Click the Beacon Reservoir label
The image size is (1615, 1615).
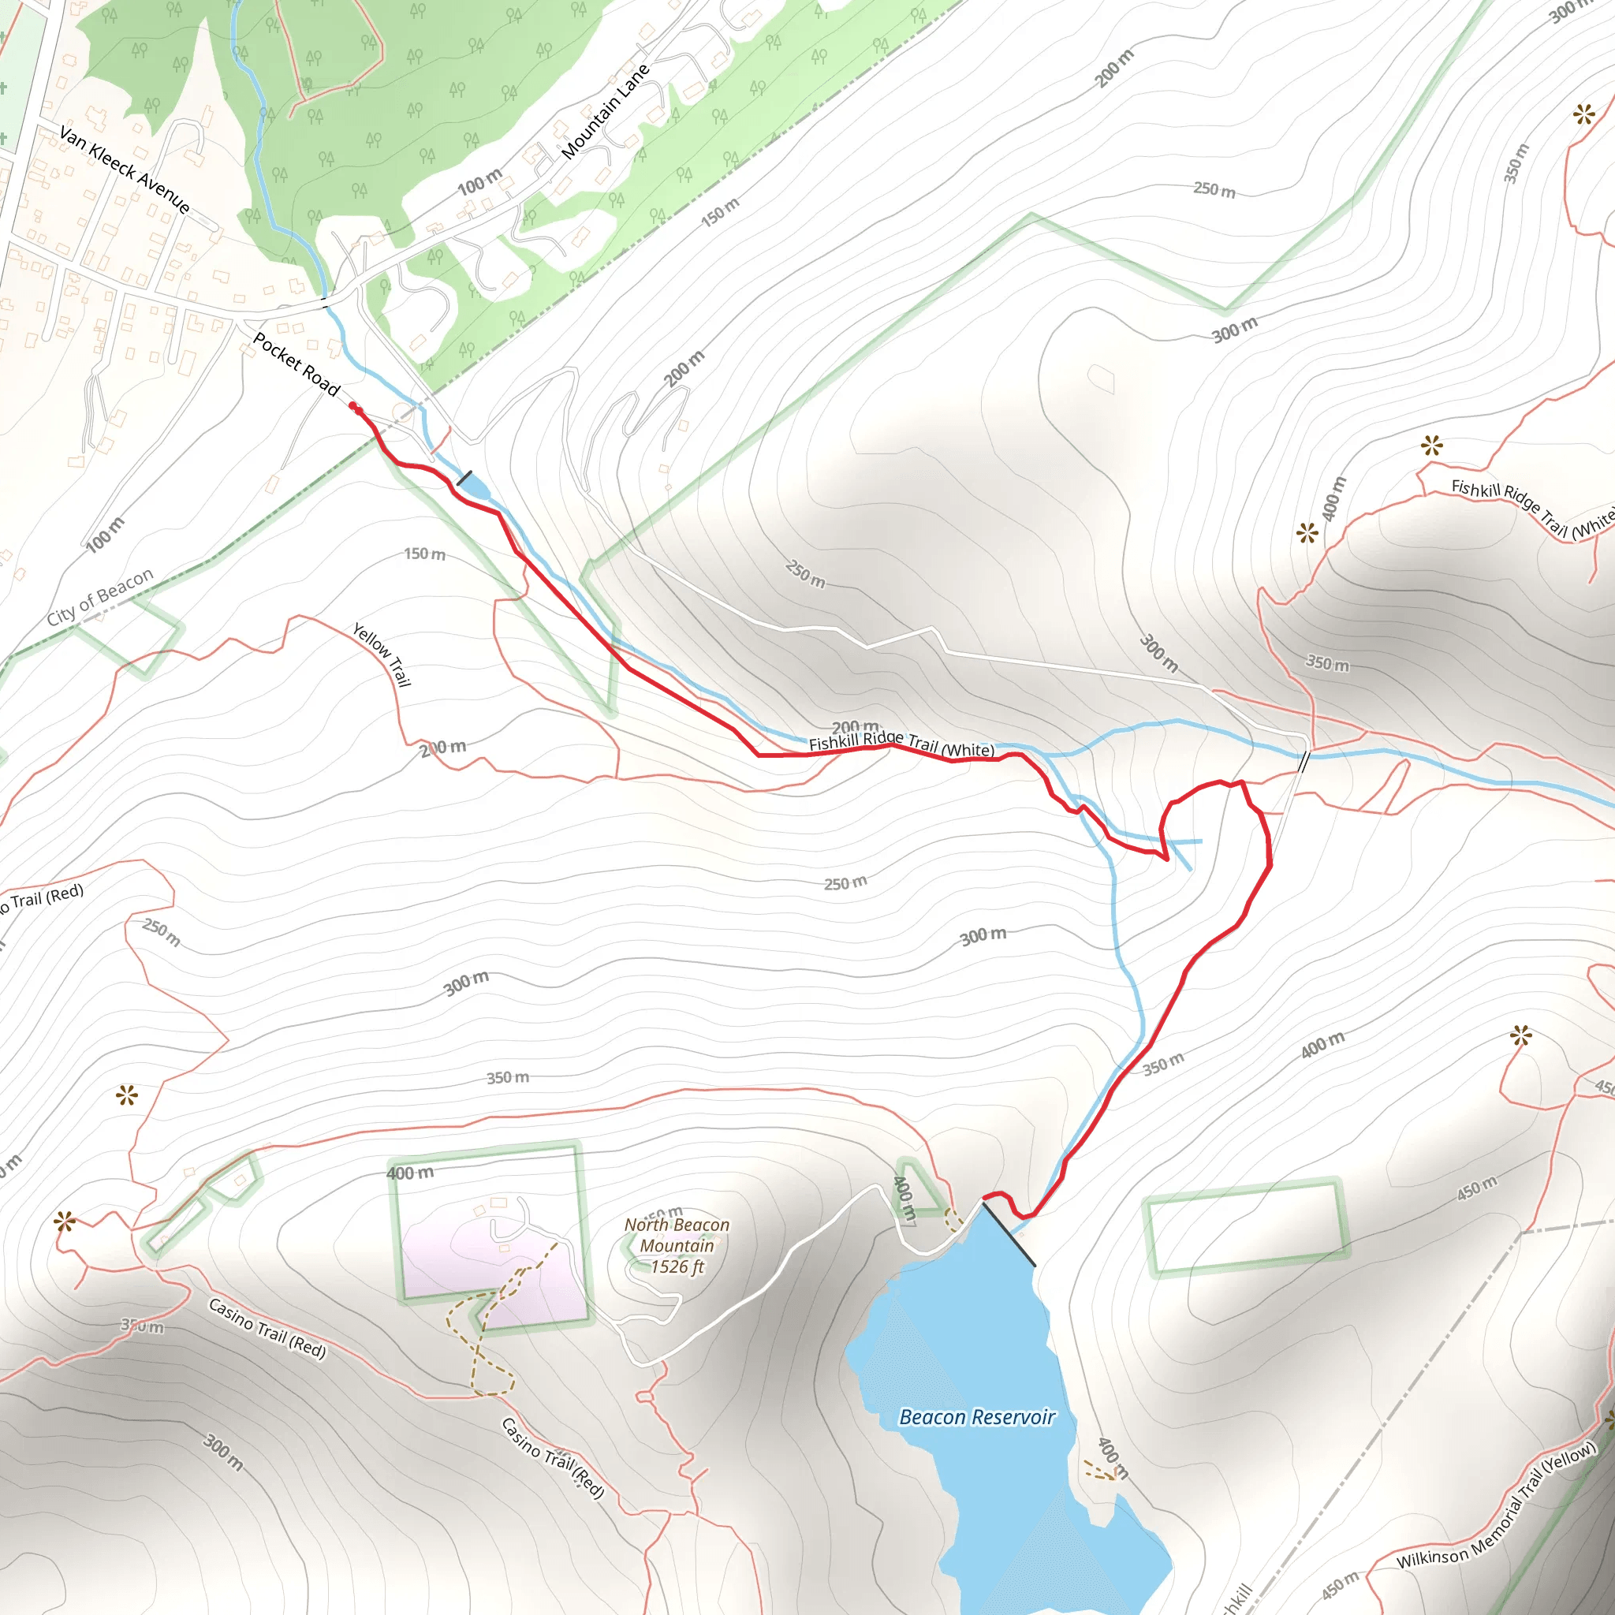(976, 1417)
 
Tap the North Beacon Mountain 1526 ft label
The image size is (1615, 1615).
(677, 1245)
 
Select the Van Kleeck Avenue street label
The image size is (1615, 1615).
(125, 170)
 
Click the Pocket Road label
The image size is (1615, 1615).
(297, 364)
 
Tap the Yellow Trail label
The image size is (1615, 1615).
(382, 655)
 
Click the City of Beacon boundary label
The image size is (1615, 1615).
(100, 596)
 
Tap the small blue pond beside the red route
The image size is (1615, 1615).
(474, 486)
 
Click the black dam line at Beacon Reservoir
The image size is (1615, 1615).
(1008, 1234)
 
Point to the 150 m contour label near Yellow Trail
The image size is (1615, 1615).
(425, 554)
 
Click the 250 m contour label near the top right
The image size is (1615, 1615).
(1214, 190)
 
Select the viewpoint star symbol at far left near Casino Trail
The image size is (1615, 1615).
(65, 1222)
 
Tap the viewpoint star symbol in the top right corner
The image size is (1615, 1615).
(1583, 114)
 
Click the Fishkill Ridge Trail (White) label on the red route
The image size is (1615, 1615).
(901, 743)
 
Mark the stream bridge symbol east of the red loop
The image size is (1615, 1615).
(1304, 763)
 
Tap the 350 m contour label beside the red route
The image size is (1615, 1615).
(1163, 1063)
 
